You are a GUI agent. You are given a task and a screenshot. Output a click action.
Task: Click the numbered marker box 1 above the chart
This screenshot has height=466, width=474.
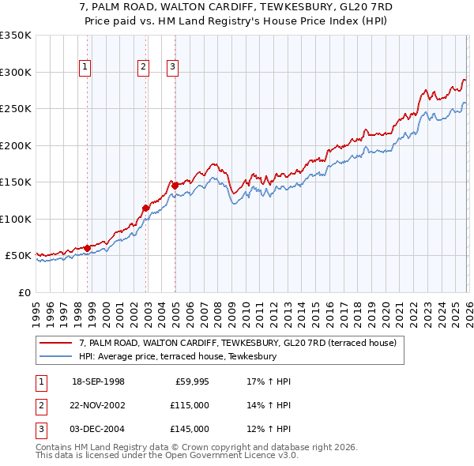pos(85,68)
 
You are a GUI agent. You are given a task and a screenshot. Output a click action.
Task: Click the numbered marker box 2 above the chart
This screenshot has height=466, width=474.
pos(143,68)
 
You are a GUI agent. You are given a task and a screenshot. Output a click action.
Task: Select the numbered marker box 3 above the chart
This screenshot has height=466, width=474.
pos(171,68)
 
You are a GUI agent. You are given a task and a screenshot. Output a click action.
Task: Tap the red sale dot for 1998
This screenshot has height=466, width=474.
pos(87,248)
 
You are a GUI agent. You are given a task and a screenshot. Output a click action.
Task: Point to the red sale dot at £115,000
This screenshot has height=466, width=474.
pos(145,208)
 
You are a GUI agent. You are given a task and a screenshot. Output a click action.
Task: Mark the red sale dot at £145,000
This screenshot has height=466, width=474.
pos(174,186)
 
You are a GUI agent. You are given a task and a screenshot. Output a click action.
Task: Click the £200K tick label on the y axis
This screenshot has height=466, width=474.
pos(16,145)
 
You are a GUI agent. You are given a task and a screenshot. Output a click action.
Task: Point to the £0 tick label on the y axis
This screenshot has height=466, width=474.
pos(24,292)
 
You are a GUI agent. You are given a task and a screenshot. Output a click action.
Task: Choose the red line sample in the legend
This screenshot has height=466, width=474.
pos(57,343)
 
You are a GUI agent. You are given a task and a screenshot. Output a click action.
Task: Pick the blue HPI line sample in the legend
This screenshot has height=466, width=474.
pos(57,356)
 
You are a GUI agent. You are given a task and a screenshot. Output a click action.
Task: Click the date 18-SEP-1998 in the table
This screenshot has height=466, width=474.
pos(98,381)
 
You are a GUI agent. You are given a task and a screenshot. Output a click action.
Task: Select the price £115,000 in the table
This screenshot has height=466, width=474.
pos(190,405)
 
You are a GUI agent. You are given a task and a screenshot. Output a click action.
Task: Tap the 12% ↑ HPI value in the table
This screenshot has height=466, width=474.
pos(269,429)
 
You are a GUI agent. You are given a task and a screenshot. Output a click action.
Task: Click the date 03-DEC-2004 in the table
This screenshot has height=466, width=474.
pos(98,429)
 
